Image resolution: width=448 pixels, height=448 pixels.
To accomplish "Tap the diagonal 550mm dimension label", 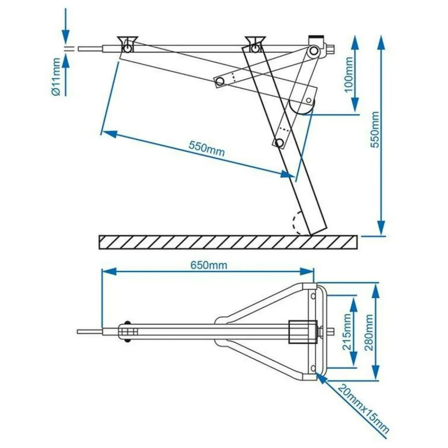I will click(206, 149).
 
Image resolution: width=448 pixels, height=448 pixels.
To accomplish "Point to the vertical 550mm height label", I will click(375, 129).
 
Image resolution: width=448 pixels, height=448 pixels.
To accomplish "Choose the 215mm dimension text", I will click(347, 331).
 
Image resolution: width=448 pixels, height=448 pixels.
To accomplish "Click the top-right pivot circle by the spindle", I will click(313, 51).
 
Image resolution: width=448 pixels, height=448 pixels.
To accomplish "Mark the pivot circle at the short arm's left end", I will click(220, 80).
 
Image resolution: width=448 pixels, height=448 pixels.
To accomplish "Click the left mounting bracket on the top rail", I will click(127, 44).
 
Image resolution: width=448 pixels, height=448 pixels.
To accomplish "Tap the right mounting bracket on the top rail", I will click(255, 43).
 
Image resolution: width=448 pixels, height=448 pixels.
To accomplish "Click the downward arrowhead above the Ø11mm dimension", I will click(66, 36).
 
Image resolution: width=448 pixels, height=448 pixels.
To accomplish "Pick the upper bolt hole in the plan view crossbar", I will click(313, 296).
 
